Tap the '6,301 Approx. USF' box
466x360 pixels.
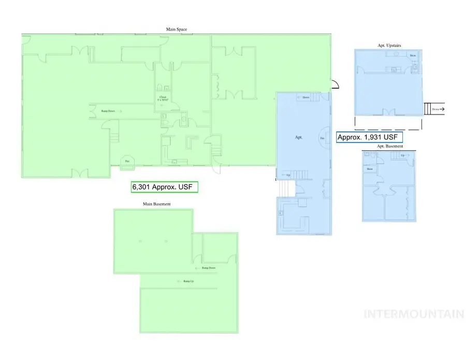(x=165, y=187)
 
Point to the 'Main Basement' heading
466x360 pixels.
(x=157, y=204)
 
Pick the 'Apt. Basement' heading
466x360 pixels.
(x=390, y=147)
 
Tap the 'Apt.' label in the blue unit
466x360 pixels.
(x=298, y=138)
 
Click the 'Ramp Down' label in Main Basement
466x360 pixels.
(x=208, y=268)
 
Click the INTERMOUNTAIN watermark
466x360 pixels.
(x=414, y=314)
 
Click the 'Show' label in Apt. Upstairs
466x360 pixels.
(x=413, y=55)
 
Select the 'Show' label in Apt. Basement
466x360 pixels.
(x=370, y=169)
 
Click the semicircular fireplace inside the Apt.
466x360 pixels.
(x=325, y=138)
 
